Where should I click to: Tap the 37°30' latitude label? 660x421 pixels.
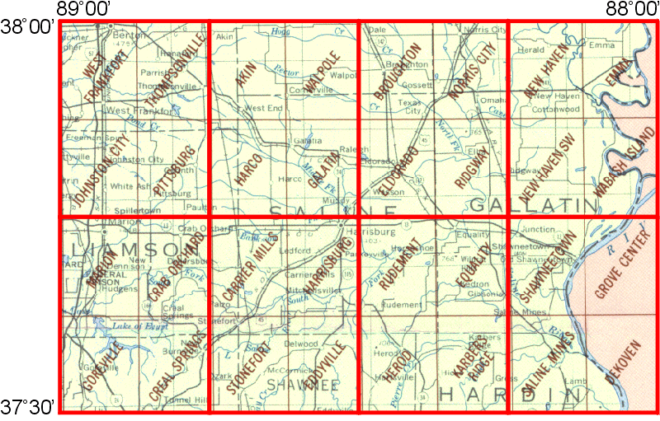pyautogui.click(x=27, y=407)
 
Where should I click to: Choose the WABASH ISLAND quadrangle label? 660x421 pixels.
pyautogui.click(x=624, y=163)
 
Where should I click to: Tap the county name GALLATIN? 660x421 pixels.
pyautogui.click(x=536, y=203)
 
